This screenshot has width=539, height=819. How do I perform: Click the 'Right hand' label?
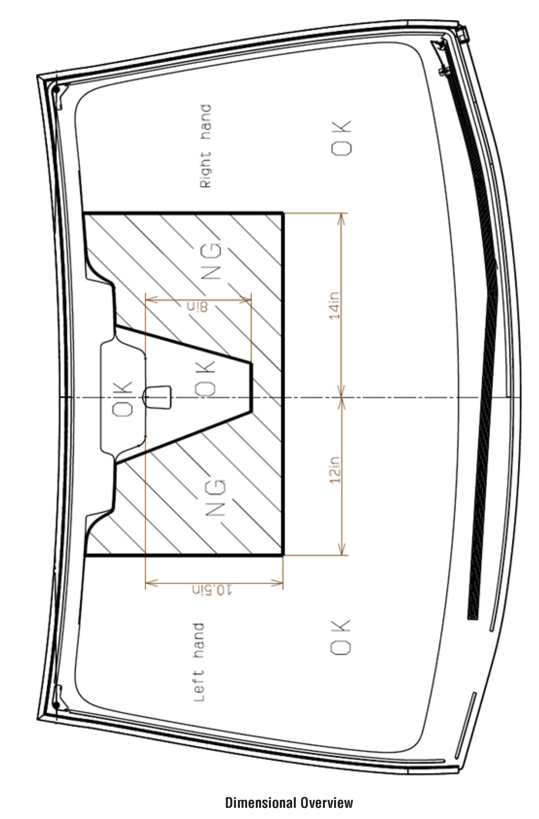point(205,146)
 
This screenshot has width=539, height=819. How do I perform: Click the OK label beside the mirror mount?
point(122,399)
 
